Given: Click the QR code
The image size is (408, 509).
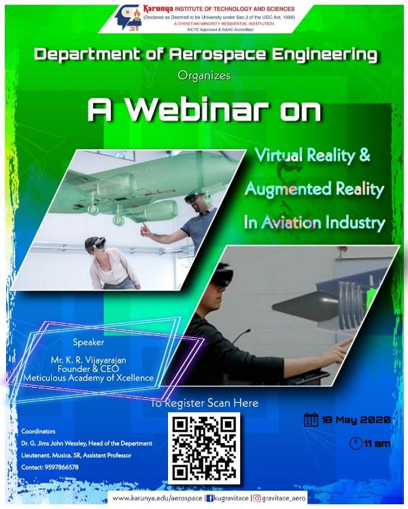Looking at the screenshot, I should click(x=204, y=448).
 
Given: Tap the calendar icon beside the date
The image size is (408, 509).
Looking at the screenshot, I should click(x=311, y=419).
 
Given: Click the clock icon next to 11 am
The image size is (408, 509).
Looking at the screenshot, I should click(x=356, y=444).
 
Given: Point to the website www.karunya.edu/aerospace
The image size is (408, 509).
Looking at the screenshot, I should click(x=157, y=499).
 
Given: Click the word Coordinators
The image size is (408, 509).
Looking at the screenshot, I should click(x=38, y=431).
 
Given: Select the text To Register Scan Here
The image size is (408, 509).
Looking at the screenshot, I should click(x=205, y=403).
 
